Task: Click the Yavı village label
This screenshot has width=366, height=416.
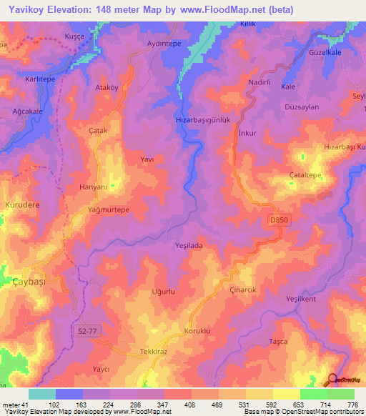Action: pyautogui.click(x=147, y=159)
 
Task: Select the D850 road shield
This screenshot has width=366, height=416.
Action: pyautogui.click(x=280, y=221)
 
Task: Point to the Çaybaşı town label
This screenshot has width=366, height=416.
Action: pyautogui.click(x=29, y=283)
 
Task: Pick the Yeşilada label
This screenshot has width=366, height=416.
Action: pyautogui.click(x=190, y=245)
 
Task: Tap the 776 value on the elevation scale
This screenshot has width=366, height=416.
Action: pyautogui.click(x=352, y=405)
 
